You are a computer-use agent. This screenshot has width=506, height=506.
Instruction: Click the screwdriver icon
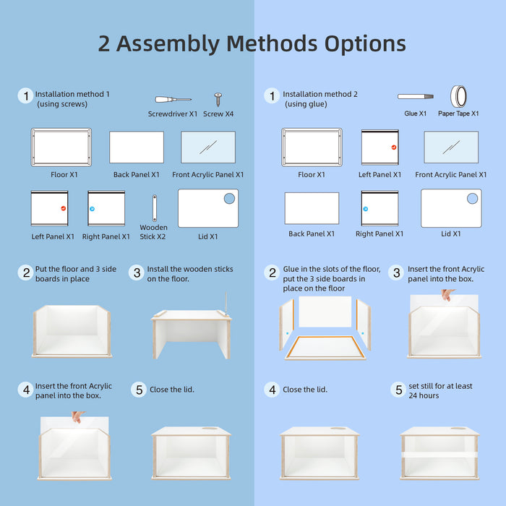tap(173, 100)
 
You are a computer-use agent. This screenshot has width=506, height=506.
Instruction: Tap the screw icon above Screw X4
tap(218, 100)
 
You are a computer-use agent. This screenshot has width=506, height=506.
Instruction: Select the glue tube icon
tap(416, 96)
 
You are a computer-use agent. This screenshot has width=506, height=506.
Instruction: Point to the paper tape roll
tap(458, 96)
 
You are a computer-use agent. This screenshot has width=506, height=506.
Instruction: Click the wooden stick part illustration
tap(155, 208)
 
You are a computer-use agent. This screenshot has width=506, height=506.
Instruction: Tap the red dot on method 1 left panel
tap(64, 208)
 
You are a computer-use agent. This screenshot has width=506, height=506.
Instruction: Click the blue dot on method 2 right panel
tap(366, 209)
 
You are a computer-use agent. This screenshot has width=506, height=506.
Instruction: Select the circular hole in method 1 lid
tap(229, 199)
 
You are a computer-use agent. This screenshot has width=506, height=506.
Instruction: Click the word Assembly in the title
tap(168, 44)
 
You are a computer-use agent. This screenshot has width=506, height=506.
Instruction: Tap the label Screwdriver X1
tap(173, 114)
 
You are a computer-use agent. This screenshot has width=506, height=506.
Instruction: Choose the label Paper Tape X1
tap(458, 113)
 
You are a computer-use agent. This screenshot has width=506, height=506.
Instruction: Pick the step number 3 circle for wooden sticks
tap(137, 273)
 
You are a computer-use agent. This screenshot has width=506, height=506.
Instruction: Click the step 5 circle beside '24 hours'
tap(399, 390)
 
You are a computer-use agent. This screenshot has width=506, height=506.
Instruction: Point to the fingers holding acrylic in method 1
tap(78, 416)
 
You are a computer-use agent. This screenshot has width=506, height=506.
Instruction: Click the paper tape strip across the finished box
tap(439, 455)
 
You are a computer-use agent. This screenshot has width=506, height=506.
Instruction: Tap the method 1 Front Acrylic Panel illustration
tap(208, 147)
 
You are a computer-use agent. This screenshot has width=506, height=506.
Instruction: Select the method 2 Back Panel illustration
tap(312, 208)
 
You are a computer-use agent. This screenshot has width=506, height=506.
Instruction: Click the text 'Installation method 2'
tap(320, 94)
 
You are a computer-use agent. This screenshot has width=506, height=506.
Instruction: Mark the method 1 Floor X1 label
tap(64, 175)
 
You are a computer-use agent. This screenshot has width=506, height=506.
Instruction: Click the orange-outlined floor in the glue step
tap(325, 348)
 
